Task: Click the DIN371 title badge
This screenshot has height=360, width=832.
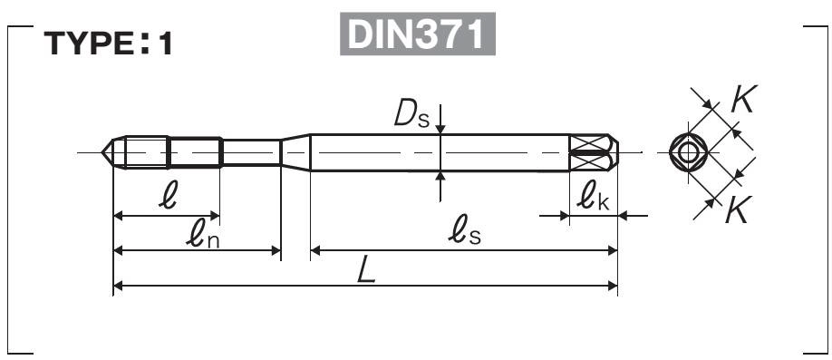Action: pos(418,34)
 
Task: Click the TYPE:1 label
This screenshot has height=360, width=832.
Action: pos(108,44)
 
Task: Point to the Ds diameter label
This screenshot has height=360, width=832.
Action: pos(411,114)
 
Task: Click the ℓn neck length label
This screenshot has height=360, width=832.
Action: pos(202,234)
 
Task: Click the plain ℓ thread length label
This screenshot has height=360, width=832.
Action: pos(168,197)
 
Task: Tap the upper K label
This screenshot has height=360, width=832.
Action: pos(743,99)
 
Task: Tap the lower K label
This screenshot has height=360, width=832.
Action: pos(737,209)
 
